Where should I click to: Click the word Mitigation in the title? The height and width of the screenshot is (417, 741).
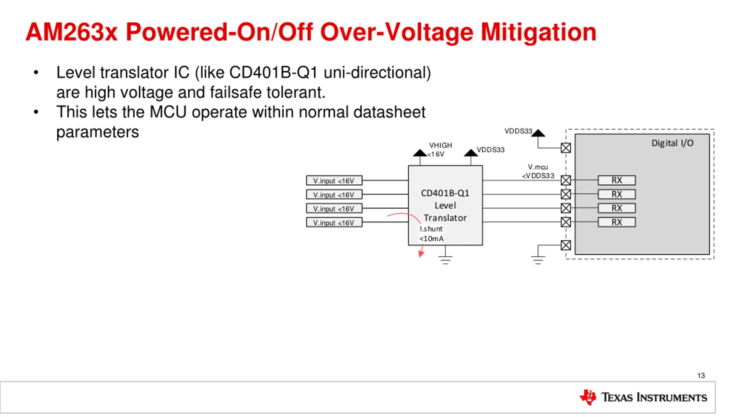(538, 32)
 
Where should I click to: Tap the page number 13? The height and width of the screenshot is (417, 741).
(701, 376)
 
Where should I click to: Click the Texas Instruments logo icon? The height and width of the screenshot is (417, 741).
(588, 397)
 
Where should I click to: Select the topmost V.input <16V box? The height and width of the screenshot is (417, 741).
(334, 180)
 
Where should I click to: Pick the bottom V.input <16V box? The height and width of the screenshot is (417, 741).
(334, 222)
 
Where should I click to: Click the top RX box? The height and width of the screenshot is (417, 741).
(617, 180)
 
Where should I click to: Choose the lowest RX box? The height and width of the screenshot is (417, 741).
(617, 222)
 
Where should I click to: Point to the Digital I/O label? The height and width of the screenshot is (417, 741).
(672, 143)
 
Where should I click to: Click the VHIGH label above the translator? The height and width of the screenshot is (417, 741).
(440, 145)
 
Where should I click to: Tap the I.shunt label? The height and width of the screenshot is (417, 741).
(431, 229)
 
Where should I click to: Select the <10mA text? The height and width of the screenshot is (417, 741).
(431, 239)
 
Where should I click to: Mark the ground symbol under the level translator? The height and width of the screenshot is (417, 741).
(445, 259)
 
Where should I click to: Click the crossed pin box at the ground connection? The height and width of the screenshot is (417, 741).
(566, 245)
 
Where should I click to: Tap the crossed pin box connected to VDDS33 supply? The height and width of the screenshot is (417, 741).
(566, 148)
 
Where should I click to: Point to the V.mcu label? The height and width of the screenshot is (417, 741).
(538, 167)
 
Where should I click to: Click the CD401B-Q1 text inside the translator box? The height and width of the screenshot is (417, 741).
(445, 193)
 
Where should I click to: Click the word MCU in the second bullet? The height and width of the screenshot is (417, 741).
(168, 112)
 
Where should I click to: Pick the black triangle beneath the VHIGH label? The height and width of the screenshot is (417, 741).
(420, 153)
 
